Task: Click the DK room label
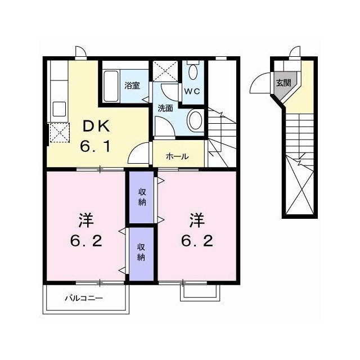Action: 96,126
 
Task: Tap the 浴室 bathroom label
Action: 132,85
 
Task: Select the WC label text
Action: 192,91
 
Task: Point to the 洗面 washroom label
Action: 165,108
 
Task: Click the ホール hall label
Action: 177,156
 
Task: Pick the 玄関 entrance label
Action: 283,83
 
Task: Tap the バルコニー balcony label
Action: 84,299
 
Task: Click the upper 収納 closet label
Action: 142,197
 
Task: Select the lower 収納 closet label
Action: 141,252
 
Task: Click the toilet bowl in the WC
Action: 193,71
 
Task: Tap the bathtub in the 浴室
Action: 111,86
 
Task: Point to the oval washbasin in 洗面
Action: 195,120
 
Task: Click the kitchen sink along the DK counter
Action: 60,109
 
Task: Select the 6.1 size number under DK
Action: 95,146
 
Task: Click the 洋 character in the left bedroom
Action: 86,220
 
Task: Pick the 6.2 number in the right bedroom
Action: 197,241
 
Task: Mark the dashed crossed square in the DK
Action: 60,133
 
